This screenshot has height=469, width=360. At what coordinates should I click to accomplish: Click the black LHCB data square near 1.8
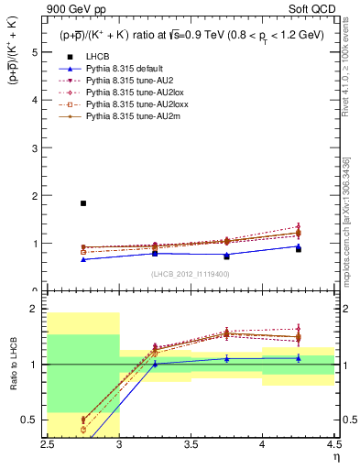tap(83, 203)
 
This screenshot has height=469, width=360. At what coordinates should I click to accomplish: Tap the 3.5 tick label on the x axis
tap(191, 443)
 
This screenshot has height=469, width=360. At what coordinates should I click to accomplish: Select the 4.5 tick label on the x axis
tap(333, 443)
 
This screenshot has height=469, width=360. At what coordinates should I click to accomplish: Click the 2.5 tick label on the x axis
tap(48, 443)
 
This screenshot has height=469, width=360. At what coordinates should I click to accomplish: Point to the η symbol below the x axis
tap(335, 456)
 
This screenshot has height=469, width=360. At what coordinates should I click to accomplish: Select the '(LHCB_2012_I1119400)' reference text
tap(191, 274)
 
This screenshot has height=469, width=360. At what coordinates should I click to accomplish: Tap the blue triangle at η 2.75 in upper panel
tap(83, 259)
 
